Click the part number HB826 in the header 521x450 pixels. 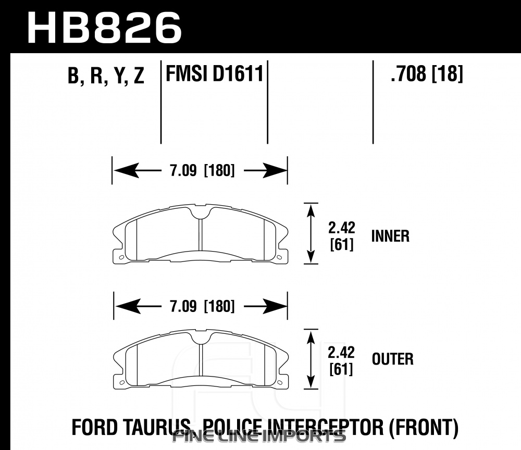[104, 28]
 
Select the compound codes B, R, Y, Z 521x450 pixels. [106, 76]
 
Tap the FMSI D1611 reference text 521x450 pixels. [215, 73]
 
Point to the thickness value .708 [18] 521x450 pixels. [427, 73]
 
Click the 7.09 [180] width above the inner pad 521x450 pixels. [202, 171]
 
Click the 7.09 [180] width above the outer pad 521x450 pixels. [202, 306]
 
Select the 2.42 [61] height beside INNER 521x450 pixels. [342, 236]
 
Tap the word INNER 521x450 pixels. [390, 236]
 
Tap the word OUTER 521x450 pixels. [393, 359]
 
